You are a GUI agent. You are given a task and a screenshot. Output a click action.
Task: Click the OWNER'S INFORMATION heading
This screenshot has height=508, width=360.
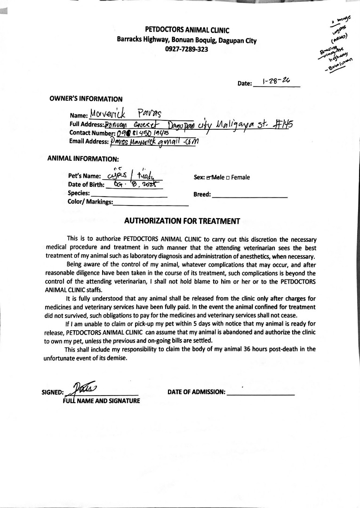click(86, 99)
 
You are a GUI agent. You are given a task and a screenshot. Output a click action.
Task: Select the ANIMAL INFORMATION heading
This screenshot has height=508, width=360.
click(83, 159)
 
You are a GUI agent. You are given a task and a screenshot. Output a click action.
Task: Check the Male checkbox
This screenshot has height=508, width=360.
click(208, 178)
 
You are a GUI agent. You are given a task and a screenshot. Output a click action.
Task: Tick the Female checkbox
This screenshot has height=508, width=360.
click(228, 178)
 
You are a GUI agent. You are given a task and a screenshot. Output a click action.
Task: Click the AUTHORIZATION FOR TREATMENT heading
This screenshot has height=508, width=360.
click(182, 221)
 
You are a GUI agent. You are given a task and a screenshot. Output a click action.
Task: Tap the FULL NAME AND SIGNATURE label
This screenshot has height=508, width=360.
click(101, 401)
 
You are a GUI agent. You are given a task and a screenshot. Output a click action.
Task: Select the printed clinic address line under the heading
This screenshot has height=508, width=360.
click(186, 40)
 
